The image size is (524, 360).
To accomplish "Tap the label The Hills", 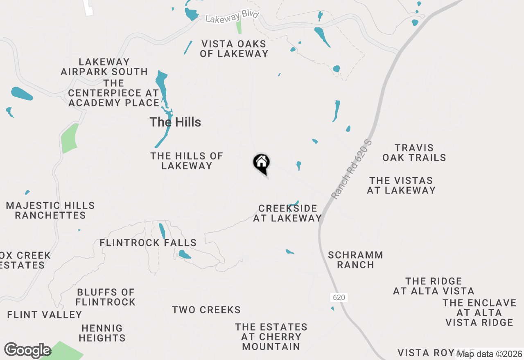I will [175, 122].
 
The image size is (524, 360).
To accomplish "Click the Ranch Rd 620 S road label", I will [346, 169].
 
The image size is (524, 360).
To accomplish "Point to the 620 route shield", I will [339, 297].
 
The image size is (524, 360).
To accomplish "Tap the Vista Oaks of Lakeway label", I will [234, 49].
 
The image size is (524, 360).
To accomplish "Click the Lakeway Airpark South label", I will [104, 67].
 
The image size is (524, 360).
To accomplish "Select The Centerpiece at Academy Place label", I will [113, 93].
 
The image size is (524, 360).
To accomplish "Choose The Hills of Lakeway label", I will [187, 161].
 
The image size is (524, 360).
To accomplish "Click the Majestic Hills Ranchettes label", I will [50, 210].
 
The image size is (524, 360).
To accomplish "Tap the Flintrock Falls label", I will [148, 243].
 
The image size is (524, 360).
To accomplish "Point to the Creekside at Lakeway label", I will [287, 213].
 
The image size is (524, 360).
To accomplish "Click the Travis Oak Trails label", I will [414, 153].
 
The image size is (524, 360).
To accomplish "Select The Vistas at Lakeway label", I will [401, 185].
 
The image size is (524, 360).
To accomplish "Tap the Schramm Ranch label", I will [355, 260].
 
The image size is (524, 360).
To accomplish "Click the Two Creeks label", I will [206, 310].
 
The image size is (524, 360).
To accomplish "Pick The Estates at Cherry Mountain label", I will [271, 337].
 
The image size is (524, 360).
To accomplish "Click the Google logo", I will [28, 351].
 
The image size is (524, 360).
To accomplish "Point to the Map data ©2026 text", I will [490, 354].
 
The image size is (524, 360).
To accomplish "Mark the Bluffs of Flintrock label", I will [106, 297].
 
